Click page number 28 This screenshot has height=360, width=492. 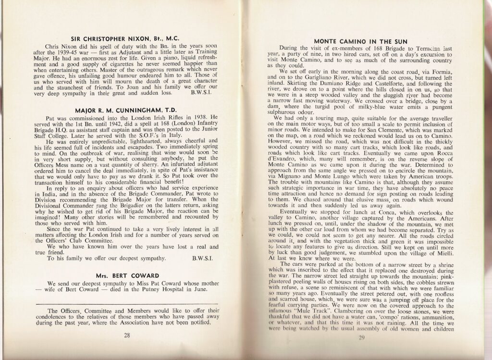tap(126, 335)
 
